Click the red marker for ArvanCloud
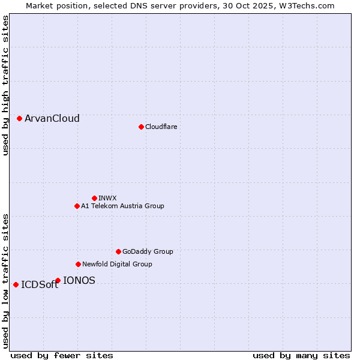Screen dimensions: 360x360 pyautogui.click(x=19, y=119)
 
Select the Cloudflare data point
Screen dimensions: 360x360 pyautogui.click(x=141, y=127)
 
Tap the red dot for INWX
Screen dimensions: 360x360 pyautogui.click(x=94, y=198)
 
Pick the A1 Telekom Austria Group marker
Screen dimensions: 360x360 pyautogui.click(x=77, y=206)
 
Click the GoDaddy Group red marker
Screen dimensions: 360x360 pyautogui.click(x=118, y=251)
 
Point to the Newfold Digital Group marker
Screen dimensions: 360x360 pyautogui.click(x=78, y=264)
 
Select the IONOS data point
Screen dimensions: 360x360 pyautogui.click(x=58, y=280)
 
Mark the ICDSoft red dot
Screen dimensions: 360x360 pyautogui.click(x=16, y=284)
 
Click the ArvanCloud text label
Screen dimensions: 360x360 pyautogui.click(x=52, y=119)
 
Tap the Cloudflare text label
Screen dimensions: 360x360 pyautogui.click(x=161, y=127)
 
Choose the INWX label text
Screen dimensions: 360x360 pyautogui.click(x=107, y=198)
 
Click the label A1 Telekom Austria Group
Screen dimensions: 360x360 pyautogui.click(x=122, y=206)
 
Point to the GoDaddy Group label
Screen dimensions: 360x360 pyautogui.click(x=148, y=251)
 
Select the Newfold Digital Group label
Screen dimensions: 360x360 pyautogui.click(x=117, y=264)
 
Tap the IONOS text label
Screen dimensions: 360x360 pyautogui.click(x=79, y=280)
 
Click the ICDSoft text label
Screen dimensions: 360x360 pyautogui.click(x=40, y=285)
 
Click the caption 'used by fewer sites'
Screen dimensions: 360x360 pyautogui.click(x=62, y=355)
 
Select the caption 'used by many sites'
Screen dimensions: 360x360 pyautogui.click(x=301, y=355)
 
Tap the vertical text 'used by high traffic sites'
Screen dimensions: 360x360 pyautogui.click(x=5, y=85)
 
